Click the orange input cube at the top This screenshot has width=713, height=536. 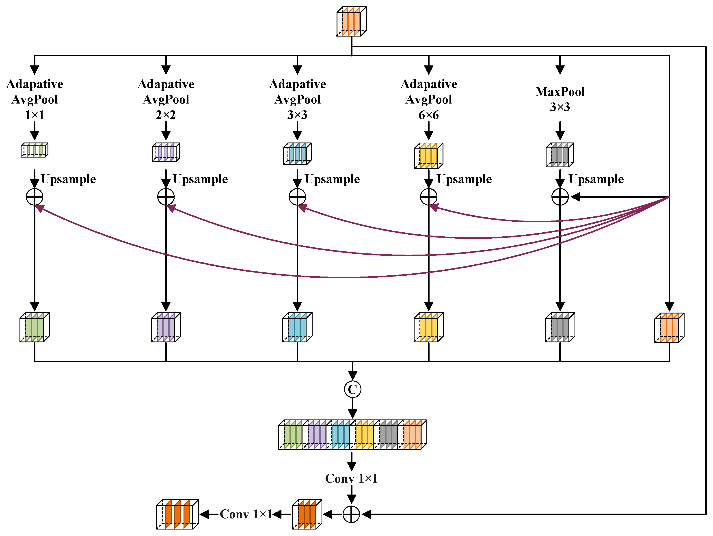351,21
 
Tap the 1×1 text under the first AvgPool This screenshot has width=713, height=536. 35,115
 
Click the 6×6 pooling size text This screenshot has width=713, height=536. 428,115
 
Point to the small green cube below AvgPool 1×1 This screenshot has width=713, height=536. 35,150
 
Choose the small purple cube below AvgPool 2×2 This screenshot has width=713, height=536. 166,152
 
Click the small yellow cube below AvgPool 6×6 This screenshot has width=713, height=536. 428,156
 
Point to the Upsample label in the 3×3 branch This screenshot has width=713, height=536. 332,179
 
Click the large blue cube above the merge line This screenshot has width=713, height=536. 297,327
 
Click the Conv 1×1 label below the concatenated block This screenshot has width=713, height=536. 351,479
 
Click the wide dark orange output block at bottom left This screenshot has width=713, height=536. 177,514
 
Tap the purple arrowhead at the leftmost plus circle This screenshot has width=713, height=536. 39,209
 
